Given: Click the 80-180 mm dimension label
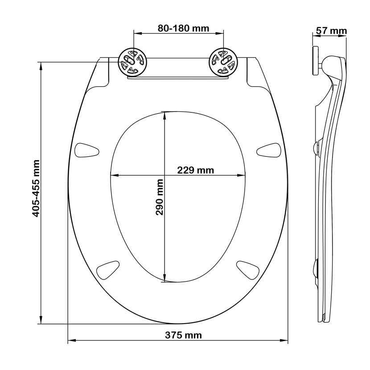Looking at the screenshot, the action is pyautogui.click(x=183, y=29).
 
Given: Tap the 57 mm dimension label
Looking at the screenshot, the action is pyautogui.click(x=331, y=31).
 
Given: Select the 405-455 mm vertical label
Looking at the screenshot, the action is pyautogui.click(x=36, y=188).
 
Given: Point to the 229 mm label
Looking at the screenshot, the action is pyautogui.click(x=195, y=170).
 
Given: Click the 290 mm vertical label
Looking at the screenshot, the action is pyautogui.click(x=160, y=197).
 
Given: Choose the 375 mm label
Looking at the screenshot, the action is pyautogui.click(x=183, y=335).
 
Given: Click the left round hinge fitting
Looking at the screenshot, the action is pyautogui.click(x=132, y=62).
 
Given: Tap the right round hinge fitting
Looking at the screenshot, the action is pyautogui.click(x=224, y=62).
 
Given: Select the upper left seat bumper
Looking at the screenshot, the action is pyautogui.click(x=86, y=150).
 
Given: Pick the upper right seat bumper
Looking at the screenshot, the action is pyautogui.click(x=268, y=150).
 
